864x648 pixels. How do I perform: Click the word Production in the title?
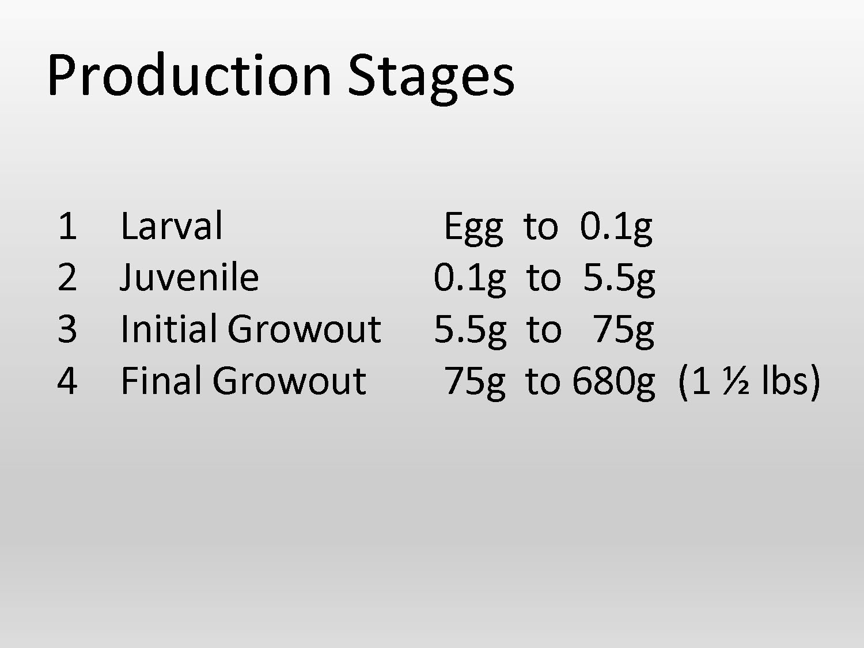point(189,75)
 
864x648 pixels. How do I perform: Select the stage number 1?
point(67,226)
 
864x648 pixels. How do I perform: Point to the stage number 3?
point(67,329)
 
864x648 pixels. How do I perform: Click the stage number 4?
point(67,381)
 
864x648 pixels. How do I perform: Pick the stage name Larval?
point(171,226)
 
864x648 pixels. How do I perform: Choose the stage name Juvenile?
point(190,278)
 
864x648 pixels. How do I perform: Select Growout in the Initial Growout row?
point(304,329)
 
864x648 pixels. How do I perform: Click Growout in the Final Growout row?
point(289,381)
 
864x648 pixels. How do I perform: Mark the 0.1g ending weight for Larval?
point(616,227)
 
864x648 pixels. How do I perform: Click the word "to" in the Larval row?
point(541,227)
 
